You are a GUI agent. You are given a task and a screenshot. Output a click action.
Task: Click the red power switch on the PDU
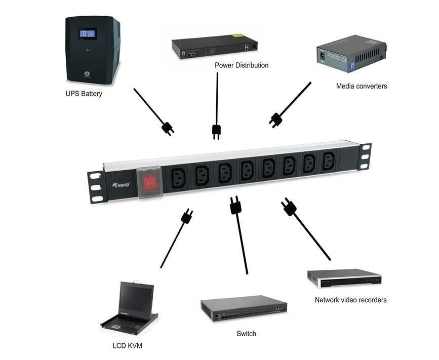[150, 181]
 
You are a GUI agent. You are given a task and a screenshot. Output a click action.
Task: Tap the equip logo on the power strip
[121, 185]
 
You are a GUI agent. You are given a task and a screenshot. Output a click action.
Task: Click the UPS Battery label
[84, 94]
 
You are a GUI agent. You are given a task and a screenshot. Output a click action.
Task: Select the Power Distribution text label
[242, 65]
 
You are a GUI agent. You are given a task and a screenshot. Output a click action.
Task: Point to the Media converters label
[362, 86]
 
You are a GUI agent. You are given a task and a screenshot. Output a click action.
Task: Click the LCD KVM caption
[127, 346]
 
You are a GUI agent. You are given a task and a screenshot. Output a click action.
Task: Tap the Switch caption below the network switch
[246, 334]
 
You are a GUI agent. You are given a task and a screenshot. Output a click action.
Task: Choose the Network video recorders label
[350, 300]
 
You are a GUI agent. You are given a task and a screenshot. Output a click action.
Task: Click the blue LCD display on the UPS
[87, 33]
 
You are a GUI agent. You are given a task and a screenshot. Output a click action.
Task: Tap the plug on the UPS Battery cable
[168, 128]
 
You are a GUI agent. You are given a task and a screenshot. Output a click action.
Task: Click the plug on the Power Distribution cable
[216, 132]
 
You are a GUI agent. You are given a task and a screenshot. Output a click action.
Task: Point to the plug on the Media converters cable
[275, 120]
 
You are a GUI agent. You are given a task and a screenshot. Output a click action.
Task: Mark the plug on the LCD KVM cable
[186, 217]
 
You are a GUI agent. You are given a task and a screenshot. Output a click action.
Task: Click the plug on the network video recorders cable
[289, 207]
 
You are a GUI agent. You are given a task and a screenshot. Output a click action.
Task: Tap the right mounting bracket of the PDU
[364, 156]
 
